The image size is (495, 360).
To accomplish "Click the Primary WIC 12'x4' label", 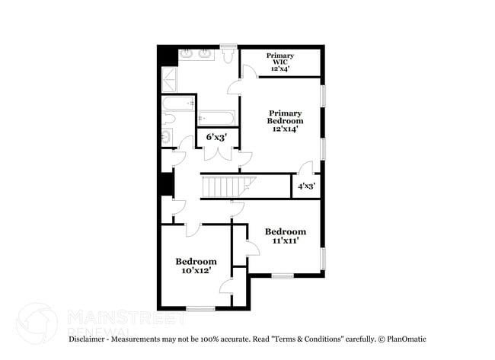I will (x=280, y=62).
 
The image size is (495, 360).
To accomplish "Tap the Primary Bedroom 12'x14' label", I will (x=285, y=121).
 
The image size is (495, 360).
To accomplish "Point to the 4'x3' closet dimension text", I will (x=307, y=186).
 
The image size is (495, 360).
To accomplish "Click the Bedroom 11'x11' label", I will (x=285, y=236).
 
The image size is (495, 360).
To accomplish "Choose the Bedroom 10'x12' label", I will (x=196, y=266).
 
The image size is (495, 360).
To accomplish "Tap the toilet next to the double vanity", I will (x=228, y=58).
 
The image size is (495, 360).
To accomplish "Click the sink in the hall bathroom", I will (x=167, y=137).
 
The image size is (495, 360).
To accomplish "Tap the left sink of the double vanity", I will (x=187, y=55).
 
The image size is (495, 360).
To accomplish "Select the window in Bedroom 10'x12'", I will (x=200, y=308).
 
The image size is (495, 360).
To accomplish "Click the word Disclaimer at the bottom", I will (x=90, y=339).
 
